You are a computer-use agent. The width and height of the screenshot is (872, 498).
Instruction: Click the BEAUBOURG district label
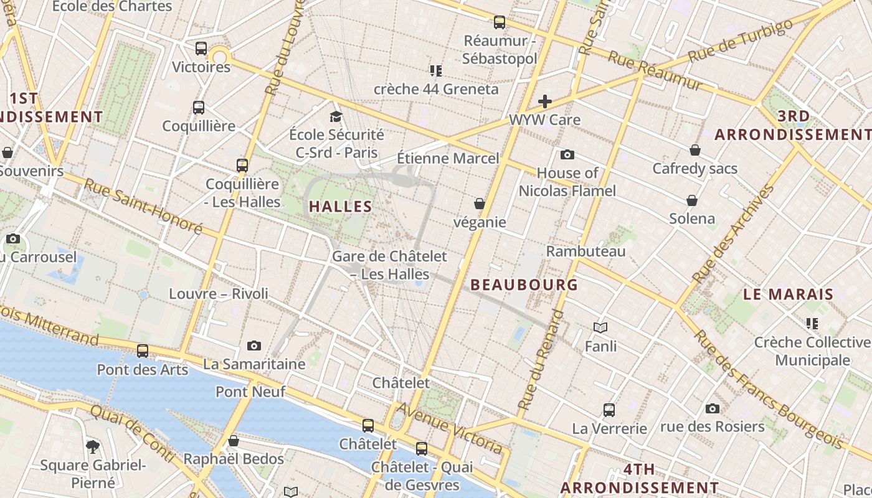pyautogui.click(x=524, y=285)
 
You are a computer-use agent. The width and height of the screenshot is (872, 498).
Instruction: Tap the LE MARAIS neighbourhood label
pyautogui.click(x=788, y=294)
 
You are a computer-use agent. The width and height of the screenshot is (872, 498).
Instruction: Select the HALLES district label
pyautogui.click(x=341, y=207)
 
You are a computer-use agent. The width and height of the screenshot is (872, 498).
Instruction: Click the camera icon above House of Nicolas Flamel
pyautogui.click(x=567, y=154)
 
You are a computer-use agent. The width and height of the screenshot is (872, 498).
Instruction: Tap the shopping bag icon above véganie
pyautogui.click(x=480, y=204)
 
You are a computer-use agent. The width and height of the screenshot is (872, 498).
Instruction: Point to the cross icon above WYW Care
pyautogui.click(x=545, y=101)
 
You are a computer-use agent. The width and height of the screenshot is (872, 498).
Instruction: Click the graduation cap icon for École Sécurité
pyautogui.click(x=336, y=116)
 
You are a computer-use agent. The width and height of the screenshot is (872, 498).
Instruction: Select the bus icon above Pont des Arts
pyautogui.click(x=143, y=351)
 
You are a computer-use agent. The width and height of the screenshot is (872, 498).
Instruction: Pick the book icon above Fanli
pyautogui.click(x=600, y=327)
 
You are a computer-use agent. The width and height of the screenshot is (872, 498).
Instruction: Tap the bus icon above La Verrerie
pyautogui.click(x=609, y=410)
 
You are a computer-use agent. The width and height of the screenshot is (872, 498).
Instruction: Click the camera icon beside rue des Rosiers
pyautogui.click(x=713, y=408)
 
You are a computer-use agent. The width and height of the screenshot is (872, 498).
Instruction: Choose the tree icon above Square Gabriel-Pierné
pyautogui.click(x=93, y=446)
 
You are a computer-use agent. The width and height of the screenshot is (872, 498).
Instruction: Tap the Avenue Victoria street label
pyautogui.click(x=450, y=428)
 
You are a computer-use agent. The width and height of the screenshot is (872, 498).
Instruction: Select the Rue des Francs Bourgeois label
pyautogui.click(x=769, y=388)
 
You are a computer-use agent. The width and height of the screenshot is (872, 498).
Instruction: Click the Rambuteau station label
pyautogui.click(x=585, y=251)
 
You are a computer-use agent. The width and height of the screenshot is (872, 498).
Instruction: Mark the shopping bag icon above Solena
pyautogui.click(x=692, y=200)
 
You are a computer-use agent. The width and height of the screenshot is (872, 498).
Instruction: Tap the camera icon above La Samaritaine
pyautogui.click(x=254, y=345)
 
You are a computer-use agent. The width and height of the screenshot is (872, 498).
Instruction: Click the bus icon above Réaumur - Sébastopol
pyautogui.click(x=500, y=23)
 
